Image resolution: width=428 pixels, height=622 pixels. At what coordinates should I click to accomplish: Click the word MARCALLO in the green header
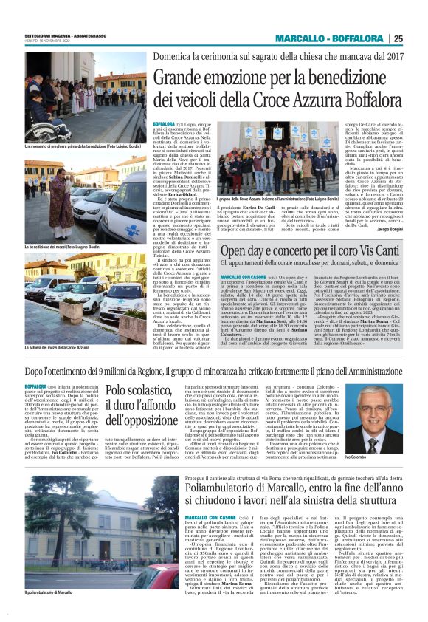[299, 38]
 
